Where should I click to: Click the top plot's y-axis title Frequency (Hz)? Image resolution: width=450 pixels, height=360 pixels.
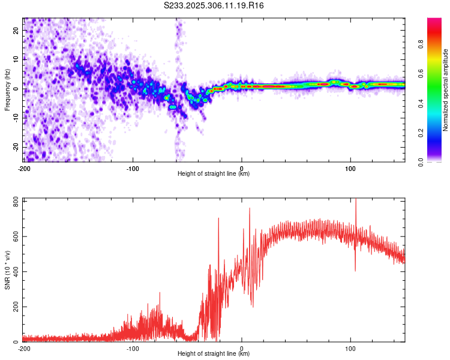[x=7, y=90]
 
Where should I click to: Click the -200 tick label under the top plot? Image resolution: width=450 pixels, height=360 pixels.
[x=24, y=168]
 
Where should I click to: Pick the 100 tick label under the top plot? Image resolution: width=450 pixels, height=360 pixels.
[x=350, y=168]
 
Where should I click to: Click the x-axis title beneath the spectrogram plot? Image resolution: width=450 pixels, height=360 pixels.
[x=214, y=174]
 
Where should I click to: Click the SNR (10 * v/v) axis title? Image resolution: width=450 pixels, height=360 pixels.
[x=7, y=270]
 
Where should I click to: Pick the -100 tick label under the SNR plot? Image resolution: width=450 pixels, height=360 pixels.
[x=133, y=348]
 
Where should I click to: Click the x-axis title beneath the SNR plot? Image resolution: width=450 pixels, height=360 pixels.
[x=214, y=354]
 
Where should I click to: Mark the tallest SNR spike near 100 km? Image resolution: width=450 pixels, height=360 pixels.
[x=356, y=200]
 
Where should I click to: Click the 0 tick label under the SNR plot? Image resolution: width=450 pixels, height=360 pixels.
[x=242, y=348]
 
